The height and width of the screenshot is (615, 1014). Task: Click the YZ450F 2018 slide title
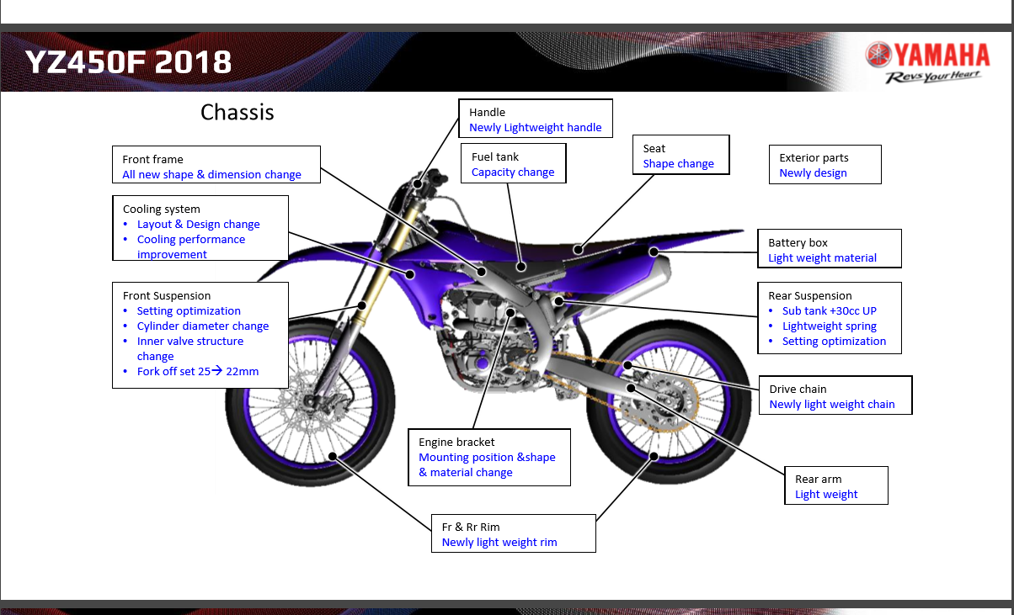128,62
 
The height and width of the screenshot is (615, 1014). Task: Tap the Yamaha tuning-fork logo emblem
878,55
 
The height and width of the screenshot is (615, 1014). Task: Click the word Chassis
237,112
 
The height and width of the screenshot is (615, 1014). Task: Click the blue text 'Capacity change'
513,172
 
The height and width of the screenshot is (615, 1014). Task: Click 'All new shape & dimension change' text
211,174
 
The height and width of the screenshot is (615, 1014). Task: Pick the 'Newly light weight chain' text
832,405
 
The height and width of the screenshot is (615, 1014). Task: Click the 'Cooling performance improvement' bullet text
191,247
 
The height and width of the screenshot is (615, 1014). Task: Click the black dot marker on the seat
578,249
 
